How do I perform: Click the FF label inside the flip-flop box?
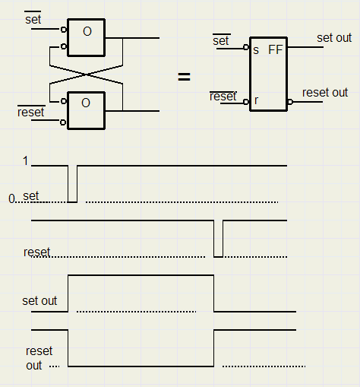click(276, 49)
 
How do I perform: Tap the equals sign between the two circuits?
click(184, 77)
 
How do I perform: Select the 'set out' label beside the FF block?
click(334, 38)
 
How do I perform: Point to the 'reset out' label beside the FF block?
click(325, 93)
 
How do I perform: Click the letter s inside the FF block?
click(256, 50)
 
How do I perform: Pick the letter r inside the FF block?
click(256, 100)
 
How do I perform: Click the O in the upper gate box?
click(87, 31)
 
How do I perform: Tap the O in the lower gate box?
click(86, 103)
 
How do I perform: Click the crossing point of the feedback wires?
click(86, 75)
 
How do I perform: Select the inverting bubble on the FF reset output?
click(290, 102)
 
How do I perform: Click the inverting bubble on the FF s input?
click(246, 47)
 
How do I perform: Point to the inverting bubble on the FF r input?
click(246, 102)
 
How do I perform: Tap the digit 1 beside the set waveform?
click(25, 160)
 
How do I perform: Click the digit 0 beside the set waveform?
click(11, 198)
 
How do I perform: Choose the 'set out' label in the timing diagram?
click(39, 301)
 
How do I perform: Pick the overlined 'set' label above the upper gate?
click(33, 18)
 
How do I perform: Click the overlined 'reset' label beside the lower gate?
click(31, 112)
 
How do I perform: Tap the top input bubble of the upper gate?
click(64, 30)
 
